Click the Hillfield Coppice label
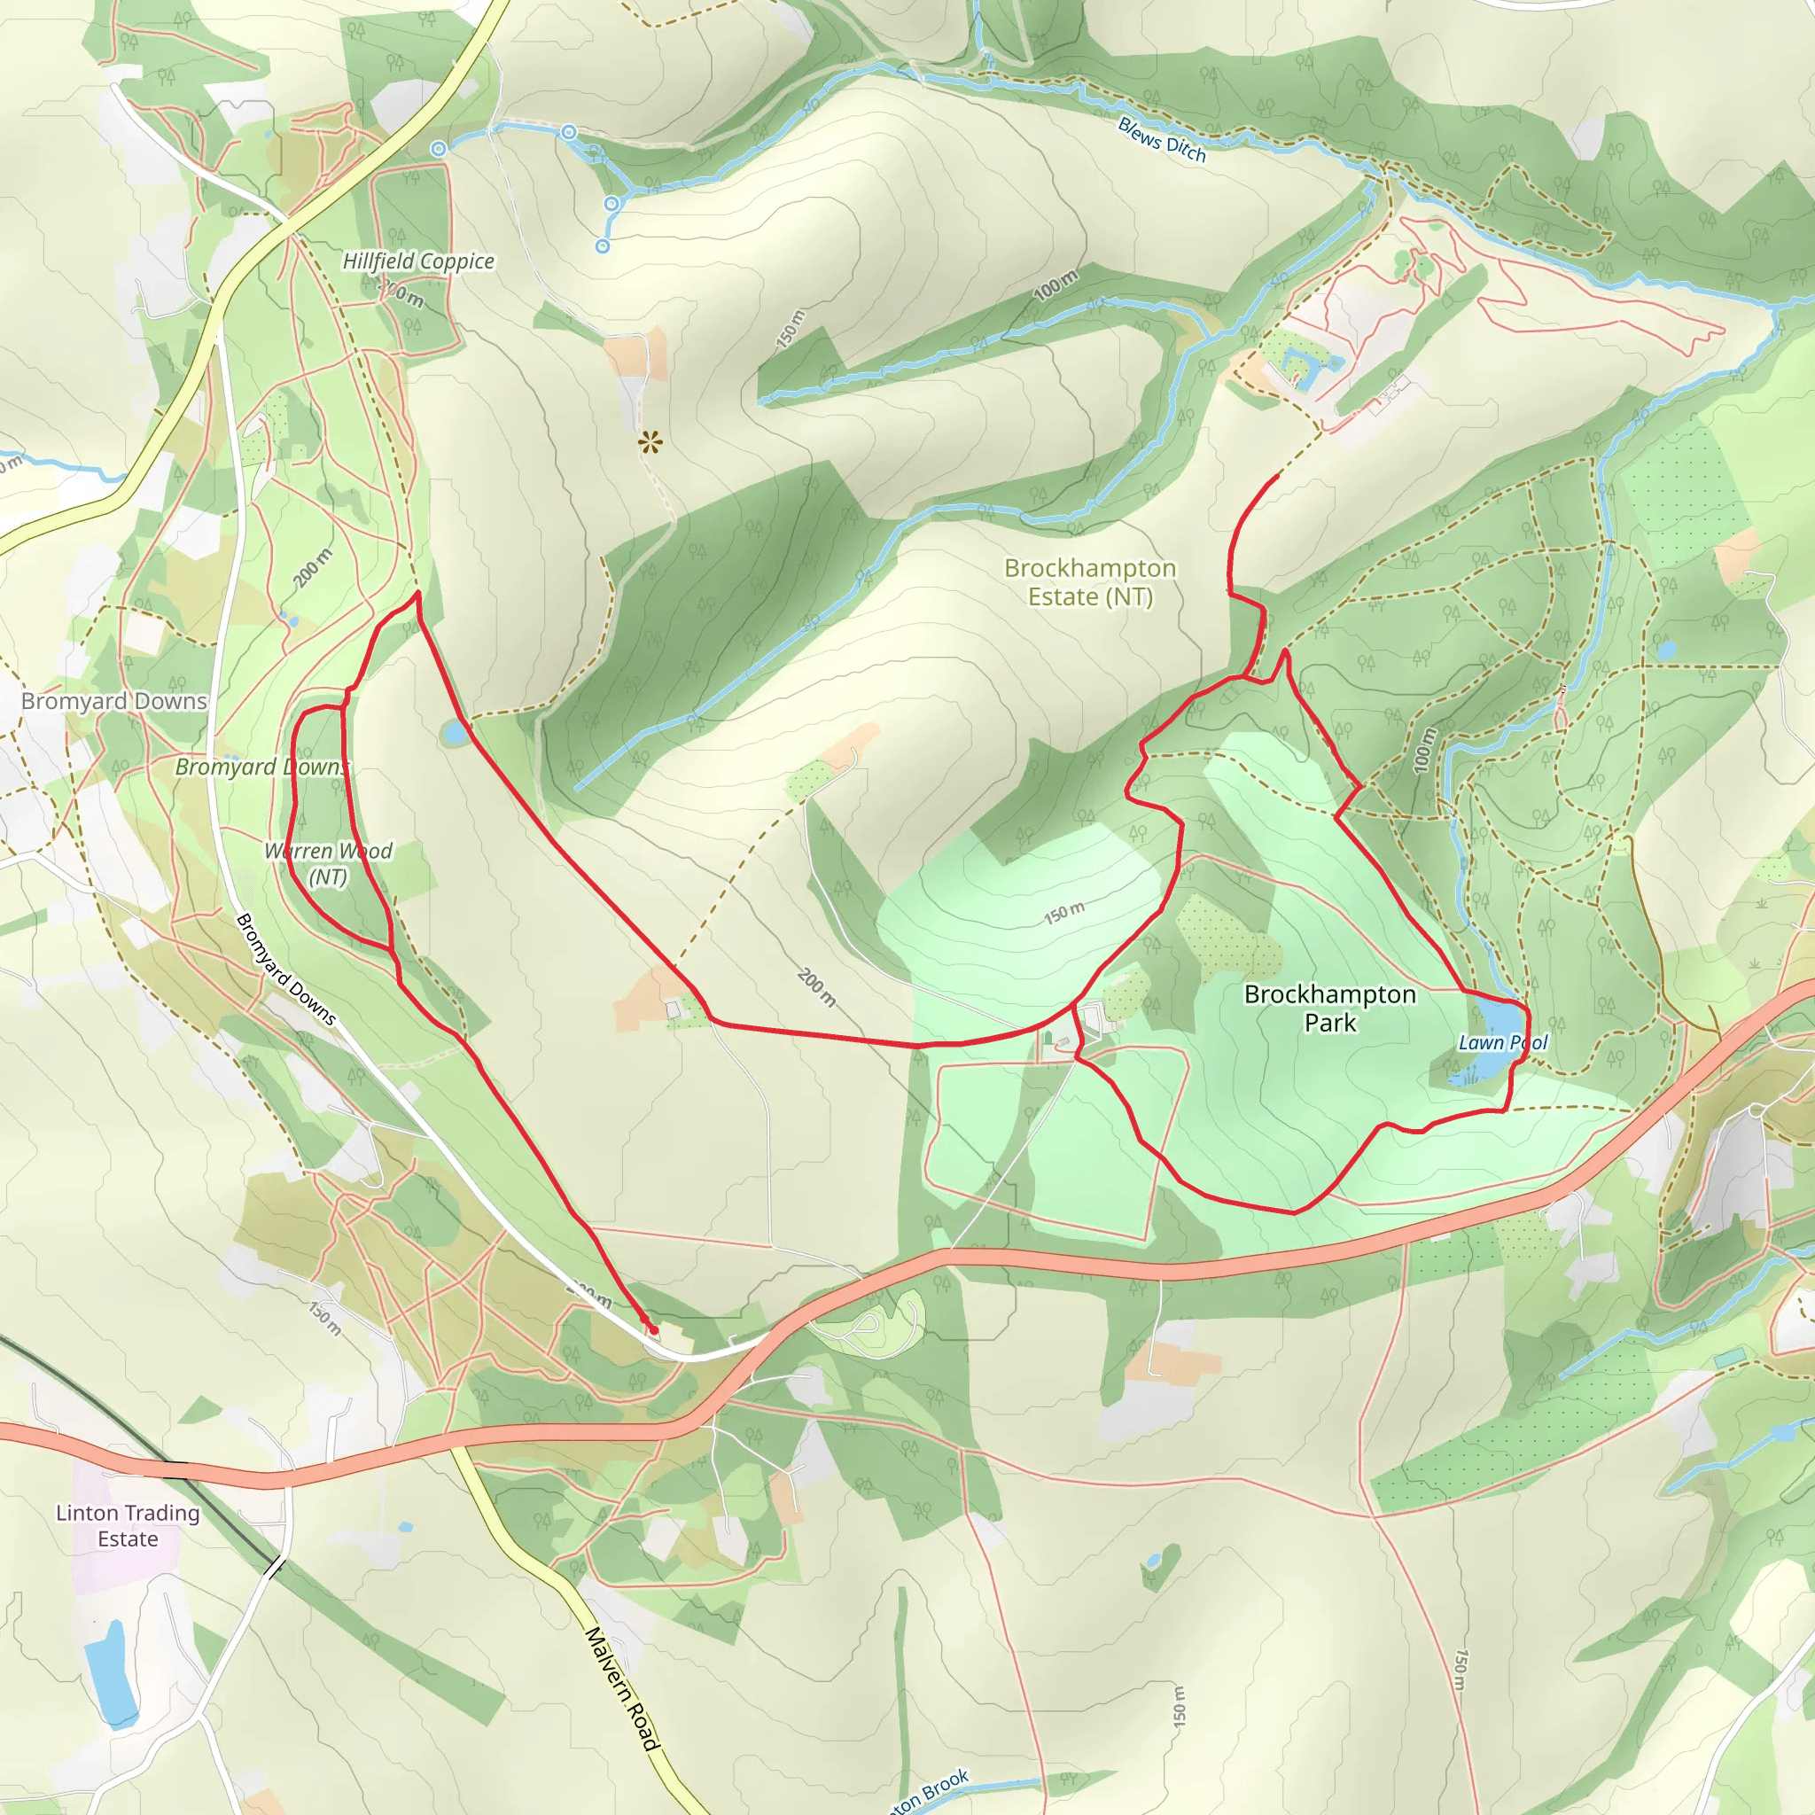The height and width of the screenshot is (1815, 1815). click(x=418, y=261)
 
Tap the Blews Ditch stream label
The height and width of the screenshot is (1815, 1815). click(x=1161, y=140)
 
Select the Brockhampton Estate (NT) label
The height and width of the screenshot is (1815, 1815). click(x=1090, y=582)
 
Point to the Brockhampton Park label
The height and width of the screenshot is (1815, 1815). click(x=1329, y=1008)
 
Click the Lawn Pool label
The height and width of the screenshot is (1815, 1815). click(x=1502, y=1043)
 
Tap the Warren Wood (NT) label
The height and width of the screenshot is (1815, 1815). click(x=328, y=863)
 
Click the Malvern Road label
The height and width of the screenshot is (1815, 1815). click(x=622, y=1688)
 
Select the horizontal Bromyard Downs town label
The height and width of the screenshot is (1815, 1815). click(x=113, y=701)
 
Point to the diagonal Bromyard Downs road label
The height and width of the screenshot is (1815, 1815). click(x=285, y=969)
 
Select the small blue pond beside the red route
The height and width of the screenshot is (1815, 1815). click(x=456, y=732)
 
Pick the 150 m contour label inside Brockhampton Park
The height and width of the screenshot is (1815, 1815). click(x=1064, y=912)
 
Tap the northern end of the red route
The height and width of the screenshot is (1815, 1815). click(x=1277, y=476)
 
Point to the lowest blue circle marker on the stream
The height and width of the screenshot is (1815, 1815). click(x=602, y=246)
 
